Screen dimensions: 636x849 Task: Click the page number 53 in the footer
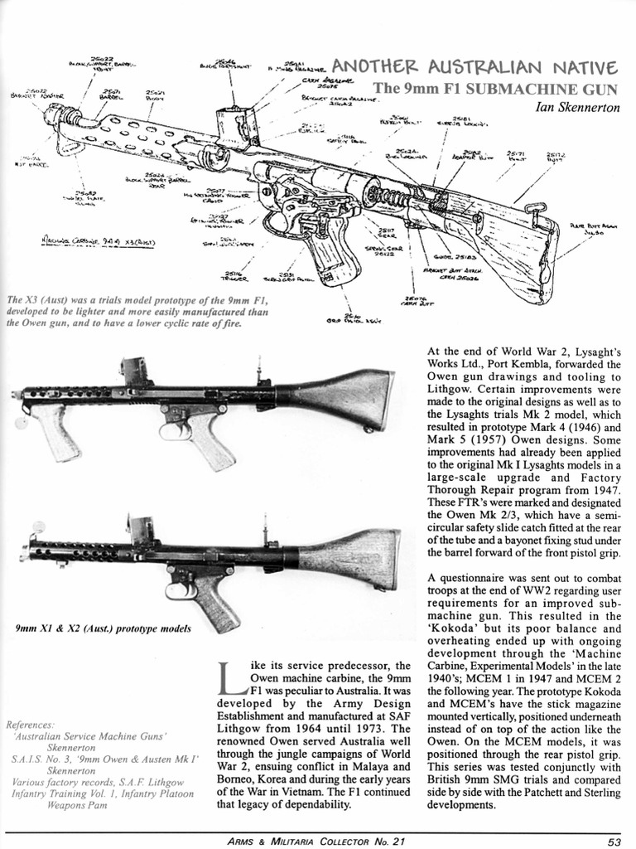(x=613, y=841)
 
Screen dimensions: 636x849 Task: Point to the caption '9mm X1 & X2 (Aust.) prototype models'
(x=104, y=628)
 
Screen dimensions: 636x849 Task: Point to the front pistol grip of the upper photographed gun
(x=56, y=431)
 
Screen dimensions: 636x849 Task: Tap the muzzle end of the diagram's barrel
(x=52, y=114)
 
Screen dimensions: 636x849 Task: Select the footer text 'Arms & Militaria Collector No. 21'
(x=317, y=841)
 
